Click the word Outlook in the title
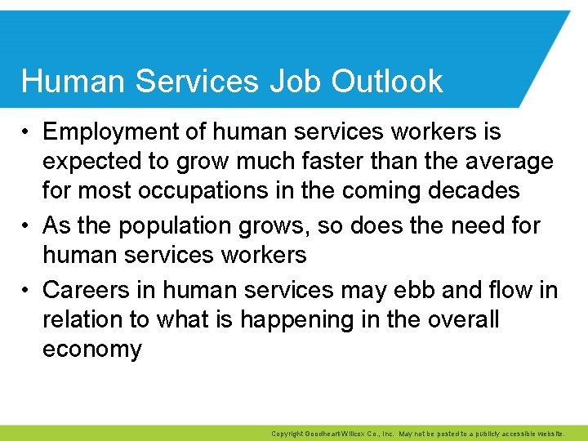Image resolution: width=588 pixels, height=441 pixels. click(x=388, y=81)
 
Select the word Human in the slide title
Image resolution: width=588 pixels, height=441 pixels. click(x=66, y=81)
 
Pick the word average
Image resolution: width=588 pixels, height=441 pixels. click(x=506, y=161)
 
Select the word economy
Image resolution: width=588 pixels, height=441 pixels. click(x=91, y=349)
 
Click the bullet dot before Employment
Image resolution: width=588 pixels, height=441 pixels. click(x=28, y=132)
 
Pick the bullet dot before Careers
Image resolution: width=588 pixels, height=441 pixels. click(x=28, y=290)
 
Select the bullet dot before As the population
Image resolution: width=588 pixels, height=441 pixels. click(x=28, y=225)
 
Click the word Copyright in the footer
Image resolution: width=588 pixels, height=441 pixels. click(x=286, y=434)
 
